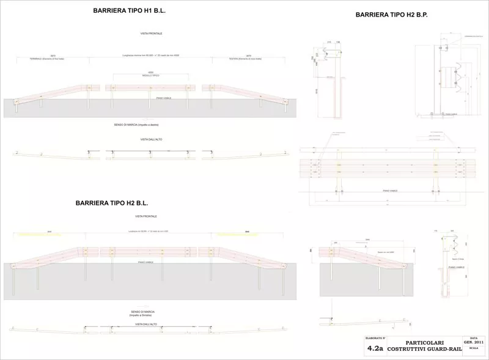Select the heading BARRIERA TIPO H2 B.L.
point(112,202)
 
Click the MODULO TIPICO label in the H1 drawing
point(150,75)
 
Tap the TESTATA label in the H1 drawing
point(239,59)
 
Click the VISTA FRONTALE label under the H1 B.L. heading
point(150,33)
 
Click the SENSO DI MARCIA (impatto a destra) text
point(150,125)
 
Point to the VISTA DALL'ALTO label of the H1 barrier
point(150,140)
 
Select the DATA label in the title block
point(474,336)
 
